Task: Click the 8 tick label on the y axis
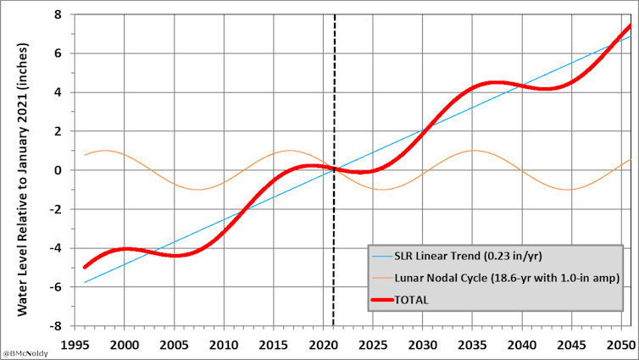(56, 14)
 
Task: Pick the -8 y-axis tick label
(53, 325)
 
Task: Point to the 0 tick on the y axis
(56, 170)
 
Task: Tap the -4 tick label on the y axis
(53, 247)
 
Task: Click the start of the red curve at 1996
(85, 267)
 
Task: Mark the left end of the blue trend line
(85, 282)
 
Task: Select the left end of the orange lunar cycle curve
(85, 155)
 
